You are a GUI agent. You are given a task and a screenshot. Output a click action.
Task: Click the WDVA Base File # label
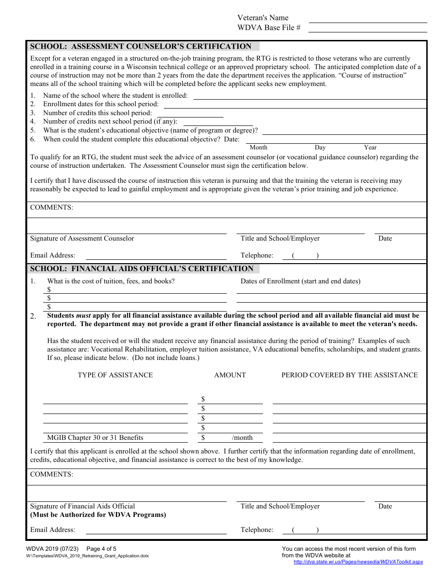[269, 28]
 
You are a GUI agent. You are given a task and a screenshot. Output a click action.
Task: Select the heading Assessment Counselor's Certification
[141, 47]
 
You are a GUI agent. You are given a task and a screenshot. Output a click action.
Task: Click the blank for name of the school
[309, 96]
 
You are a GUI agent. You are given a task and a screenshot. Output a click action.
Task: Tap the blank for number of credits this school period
[190, 114]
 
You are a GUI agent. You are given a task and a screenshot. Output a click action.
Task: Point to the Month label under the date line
[258, 148]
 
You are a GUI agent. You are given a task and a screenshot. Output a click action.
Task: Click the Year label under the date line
[370, 148]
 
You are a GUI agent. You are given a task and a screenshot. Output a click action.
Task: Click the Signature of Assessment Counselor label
[82, 239]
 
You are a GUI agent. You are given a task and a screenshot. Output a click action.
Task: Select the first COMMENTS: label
[52, 208]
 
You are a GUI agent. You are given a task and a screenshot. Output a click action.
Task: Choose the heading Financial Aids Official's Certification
[142, 269]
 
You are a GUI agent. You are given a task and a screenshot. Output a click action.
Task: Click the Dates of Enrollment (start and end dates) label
[300, 281]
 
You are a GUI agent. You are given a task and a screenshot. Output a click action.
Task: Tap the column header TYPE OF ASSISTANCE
[115, 375]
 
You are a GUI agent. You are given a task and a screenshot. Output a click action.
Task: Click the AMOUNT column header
[230, 375]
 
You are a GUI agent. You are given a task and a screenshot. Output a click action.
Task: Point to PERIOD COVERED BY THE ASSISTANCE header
[349, 375]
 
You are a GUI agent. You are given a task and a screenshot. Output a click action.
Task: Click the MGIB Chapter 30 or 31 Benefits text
[95, 437]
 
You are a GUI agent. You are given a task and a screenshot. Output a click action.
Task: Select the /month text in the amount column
[242, 437]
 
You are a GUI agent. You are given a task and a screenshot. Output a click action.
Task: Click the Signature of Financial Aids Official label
[83, 507]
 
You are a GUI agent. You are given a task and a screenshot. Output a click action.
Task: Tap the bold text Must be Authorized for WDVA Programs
[98, 515]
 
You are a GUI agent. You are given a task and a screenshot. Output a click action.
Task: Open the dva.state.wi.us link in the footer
[358, 562]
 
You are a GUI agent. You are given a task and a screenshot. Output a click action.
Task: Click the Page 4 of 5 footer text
[101, 549]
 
